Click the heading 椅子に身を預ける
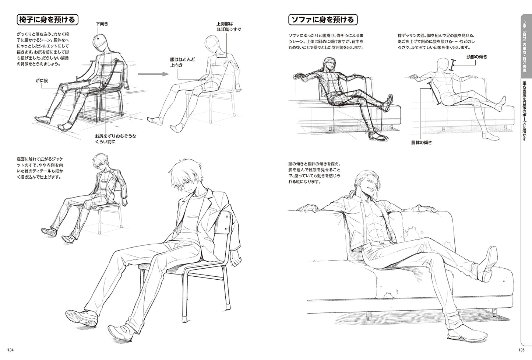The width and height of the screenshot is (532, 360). pos(47,20)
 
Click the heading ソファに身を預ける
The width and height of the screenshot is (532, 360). pos(323,20)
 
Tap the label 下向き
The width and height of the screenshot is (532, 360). pos(102,24)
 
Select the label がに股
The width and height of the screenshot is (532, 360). pos(42,81)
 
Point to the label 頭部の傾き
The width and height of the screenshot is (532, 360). pos(477,56)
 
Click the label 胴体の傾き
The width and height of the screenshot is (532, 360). pos(422,143)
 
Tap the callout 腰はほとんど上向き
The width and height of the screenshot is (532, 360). pos(182,62)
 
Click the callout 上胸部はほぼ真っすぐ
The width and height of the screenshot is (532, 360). pos(229,27)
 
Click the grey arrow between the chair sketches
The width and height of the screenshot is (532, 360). pos(153,74)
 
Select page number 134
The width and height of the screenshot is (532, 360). pos(10,350)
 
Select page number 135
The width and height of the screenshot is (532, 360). pos(522,350)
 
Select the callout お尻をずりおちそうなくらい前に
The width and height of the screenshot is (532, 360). pos(116,139)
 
